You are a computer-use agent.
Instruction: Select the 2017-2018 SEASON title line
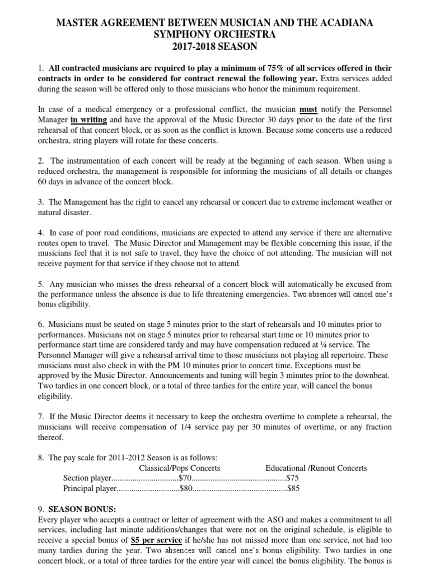point(215,47)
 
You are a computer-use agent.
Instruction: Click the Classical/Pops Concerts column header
point(179,467)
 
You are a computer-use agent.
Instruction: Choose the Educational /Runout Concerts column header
point(316,467)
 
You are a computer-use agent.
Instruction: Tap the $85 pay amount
point(293,488)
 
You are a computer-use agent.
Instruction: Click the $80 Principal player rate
point(186,488)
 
